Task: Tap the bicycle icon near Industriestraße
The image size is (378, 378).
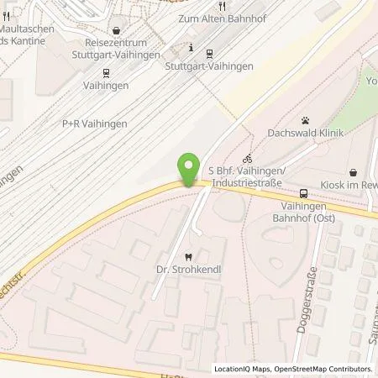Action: click(x=246, y=158)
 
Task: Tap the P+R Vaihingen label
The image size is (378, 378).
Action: click(x=95, y=123)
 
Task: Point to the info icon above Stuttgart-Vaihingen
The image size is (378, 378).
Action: click(x=193, y=47)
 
